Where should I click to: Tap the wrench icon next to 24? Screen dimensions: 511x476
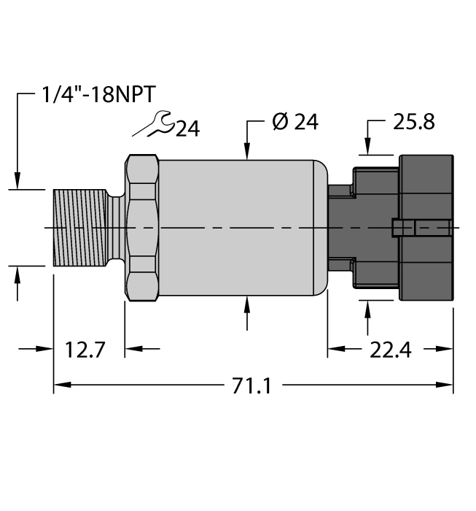click(x=153, y=126)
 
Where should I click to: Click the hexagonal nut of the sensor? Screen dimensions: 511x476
click(x=142, y=228)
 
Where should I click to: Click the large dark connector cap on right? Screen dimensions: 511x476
click(x=426, y=228)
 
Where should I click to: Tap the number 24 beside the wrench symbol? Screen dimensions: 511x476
click(x=187, y=129)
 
